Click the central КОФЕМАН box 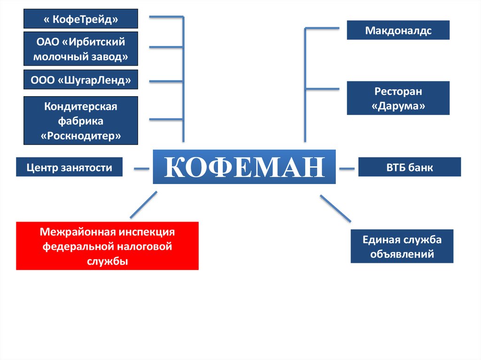(244, 167)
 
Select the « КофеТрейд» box (81, 19)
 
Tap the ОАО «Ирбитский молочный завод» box (81, 49)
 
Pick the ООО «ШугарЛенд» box (81, 80)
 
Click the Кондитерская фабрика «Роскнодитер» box (81, 121)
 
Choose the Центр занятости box (69, 167)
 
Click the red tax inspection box (107, 246)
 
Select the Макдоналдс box (398, 31)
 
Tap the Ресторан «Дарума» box (398, 98)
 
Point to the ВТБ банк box (410, 167)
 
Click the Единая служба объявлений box (402, 246)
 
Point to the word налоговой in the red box (148, 246)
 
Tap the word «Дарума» (398, 106)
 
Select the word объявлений (402, 254)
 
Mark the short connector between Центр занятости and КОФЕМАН (141, 168)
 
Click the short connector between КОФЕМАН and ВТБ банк (347, 168)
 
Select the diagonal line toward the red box (143, 205)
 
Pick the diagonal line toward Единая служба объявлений (335, 208)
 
